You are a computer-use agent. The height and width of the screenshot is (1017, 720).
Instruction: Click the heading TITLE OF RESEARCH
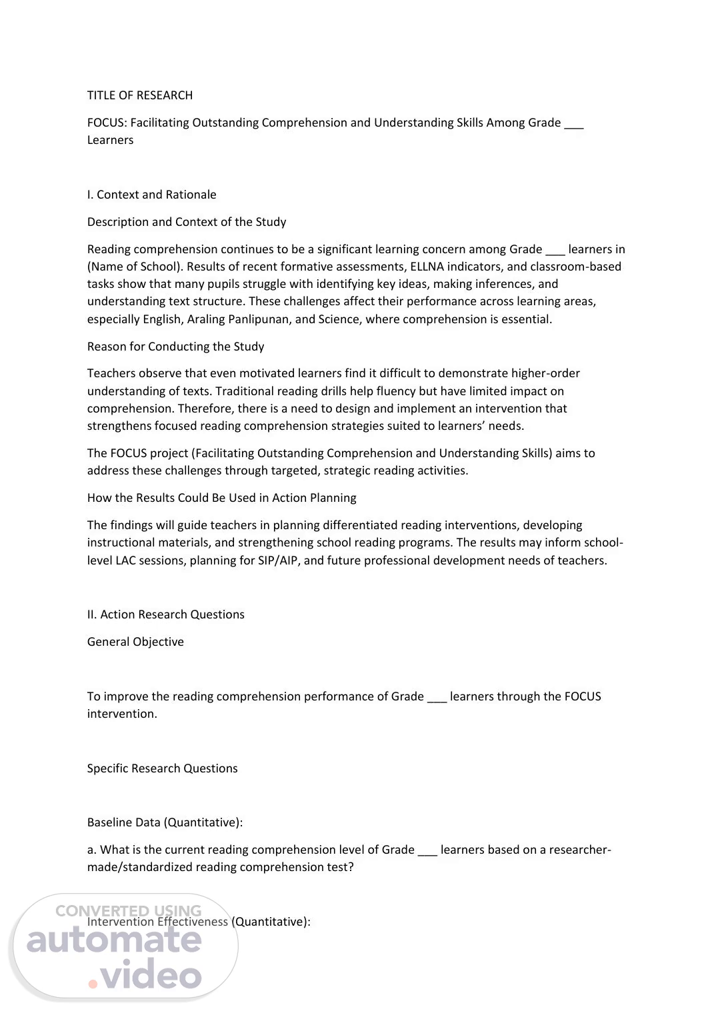(x=140, y=95)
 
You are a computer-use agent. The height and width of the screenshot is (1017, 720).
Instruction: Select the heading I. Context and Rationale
(x=151, y=195)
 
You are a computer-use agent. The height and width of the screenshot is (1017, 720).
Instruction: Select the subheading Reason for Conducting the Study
(x=175, y=347)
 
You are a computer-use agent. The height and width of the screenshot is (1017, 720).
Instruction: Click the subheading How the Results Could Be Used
(x=221, y=498)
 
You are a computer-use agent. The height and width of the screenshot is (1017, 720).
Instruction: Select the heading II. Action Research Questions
(x=165, y=614)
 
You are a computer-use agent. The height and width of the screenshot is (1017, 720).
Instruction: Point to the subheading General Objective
(x=135, y=642)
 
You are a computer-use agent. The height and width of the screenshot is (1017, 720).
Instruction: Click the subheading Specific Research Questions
(x=162, y=768)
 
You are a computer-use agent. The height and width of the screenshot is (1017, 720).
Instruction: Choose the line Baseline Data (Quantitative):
(x=165, y=822)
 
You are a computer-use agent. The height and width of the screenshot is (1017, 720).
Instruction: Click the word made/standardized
(x=140, y=867)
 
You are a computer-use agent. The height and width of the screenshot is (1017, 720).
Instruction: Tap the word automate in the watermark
(x=114, y=940)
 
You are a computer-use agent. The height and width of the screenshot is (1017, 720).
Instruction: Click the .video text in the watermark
(x=145, y=976)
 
